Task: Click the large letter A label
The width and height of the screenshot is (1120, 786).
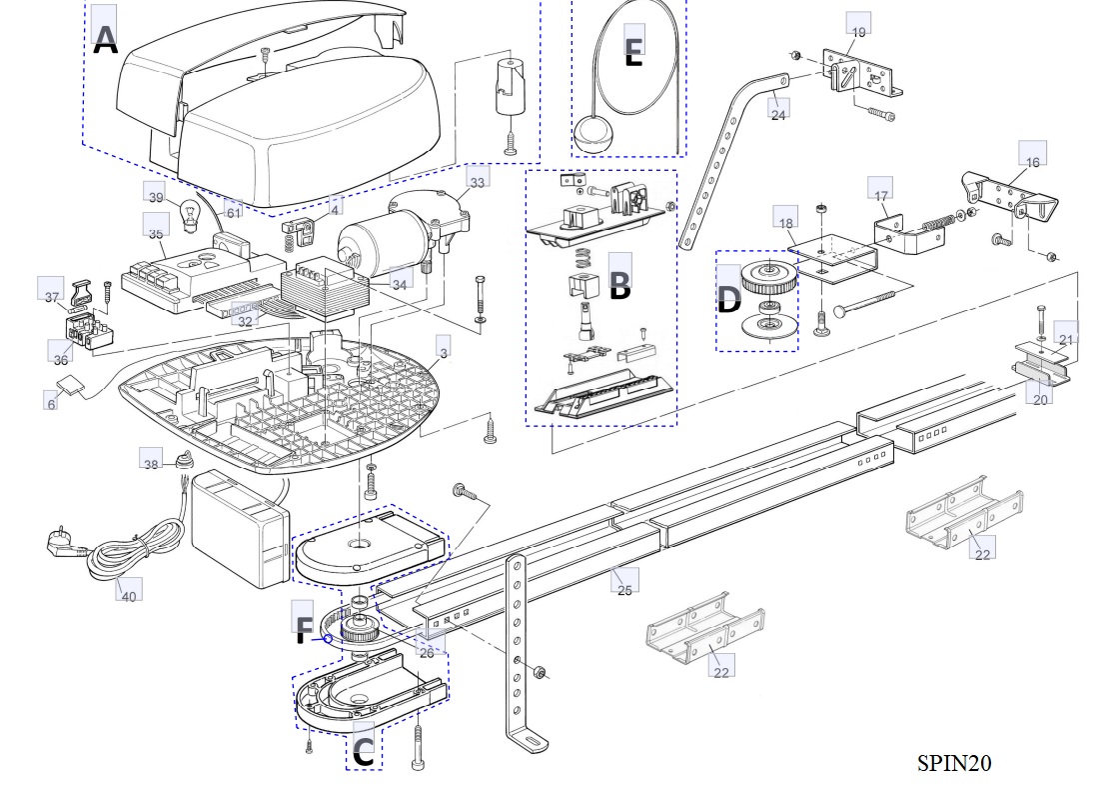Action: (x=105, y=40)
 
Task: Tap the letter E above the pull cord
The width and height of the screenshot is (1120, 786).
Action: (x=633, y=51)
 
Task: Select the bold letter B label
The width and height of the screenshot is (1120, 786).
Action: (x=620, y=286)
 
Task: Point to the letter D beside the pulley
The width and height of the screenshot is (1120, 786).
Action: (x=729, y=298)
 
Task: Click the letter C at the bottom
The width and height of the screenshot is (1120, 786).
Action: (x=365, y=752)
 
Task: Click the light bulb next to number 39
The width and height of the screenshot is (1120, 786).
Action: (x=188, y=213)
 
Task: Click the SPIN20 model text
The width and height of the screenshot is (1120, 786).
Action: (x=954, y=763)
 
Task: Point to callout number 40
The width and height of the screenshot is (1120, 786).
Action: (x=128, y=596)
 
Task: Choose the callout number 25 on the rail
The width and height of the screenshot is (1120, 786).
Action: (x=624, y=589)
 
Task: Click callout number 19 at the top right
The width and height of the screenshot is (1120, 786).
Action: (x=858, y=32)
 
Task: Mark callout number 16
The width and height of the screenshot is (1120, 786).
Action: (x=1032, y=161)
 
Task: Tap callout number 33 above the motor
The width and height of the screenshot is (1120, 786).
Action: (x=478, y=182)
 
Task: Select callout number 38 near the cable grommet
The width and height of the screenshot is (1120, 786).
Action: (x=152, y=465)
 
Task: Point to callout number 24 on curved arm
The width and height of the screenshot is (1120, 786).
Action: (x=778, y=114)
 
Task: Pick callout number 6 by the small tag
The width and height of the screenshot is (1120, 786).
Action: (x=51, y=404)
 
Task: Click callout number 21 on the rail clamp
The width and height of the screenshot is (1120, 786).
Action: (x=1066, y=340)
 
